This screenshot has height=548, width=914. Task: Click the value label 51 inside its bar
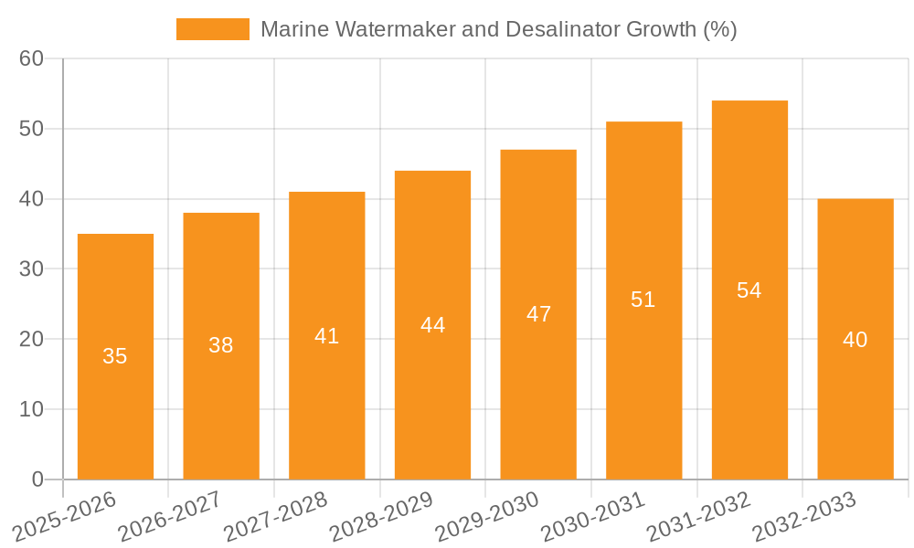coord(643,300)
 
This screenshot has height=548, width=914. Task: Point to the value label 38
coord(221,345)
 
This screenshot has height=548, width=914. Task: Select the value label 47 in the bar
coord(538,314)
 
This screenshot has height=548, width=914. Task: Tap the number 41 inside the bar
coord(326,336)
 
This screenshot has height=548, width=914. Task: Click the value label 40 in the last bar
coord(856,340)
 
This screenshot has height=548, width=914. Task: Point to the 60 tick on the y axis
coord(32,58)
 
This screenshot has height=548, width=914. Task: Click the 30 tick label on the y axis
coord(32,269)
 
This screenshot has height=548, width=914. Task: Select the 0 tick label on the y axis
coord(37,479)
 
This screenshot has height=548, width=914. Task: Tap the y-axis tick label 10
coord(32,409)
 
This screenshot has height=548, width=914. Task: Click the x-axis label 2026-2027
coord(170,515)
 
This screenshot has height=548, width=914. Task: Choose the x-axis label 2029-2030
coord(487,515)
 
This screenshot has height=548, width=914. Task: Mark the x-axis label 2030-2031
coord(593,515)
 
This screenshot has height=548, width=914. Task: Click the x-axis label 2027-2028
coord(276,515)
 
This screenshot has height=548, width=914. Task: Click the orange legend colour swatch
coord(212,29)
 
